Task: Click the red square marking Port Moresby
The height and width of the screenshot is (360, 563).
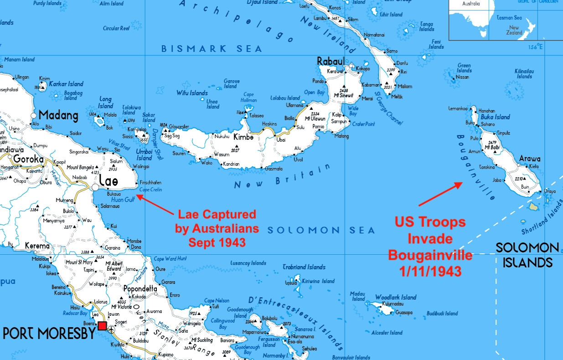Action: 102,326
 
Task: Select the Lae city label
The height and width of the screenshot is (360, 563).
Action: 108,181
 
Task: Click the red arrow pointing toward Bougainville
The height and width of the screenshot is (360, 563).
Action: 440,194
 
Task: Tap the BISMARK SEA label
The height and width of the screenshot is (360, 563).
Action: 212,49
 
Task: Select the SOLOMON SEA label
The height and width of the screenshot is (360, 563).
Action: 321,231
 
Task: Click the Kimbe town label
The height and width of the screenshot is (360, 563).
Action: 243,137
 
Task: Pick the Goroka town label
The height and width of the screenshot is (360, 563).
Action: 28,159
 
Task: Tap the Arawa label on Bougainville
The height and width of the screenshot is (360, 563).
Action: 530,159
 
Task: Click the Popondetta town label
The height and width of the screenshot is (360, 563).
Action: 140,289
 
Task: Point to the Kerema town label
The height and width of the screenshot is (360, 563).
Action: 37,246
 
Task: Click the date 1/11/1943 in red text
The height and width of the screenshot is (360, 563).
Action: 430,271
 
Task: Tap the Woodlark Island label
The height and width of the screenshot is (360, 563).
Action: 396,297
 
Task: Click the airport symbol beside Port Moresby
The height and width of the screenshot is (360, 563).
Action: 111,329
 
